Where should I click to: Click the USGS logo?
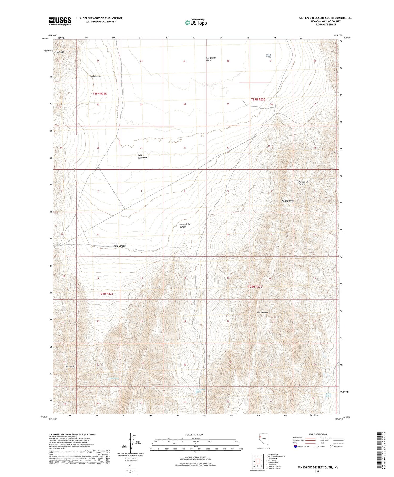[x=60, y=21]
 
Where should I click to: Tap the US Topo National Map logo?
[x=196, y=22]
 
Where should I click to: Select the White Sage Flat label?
[x=143, y=157]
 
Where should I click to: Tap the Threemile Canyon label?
[x=303, y=183]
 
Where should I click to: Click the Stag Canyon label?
[x=120, y=246]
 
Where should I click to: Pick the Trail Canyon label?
[x=95, y=76]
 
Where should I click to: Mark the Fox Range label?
[x=59, y=52]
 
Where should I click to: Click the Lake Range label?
[x=262, y=312]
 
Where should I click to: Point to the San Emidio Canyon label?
[x=184, y=225]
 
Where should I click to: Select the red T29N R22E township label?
[x=100, y=94]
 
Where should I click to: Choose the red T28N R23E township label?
[x=255, y=287]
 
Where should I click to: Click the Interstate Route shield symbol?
[x=296, y=446]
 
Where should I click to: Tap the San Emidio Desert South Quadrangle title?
[x=325, y=18]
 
